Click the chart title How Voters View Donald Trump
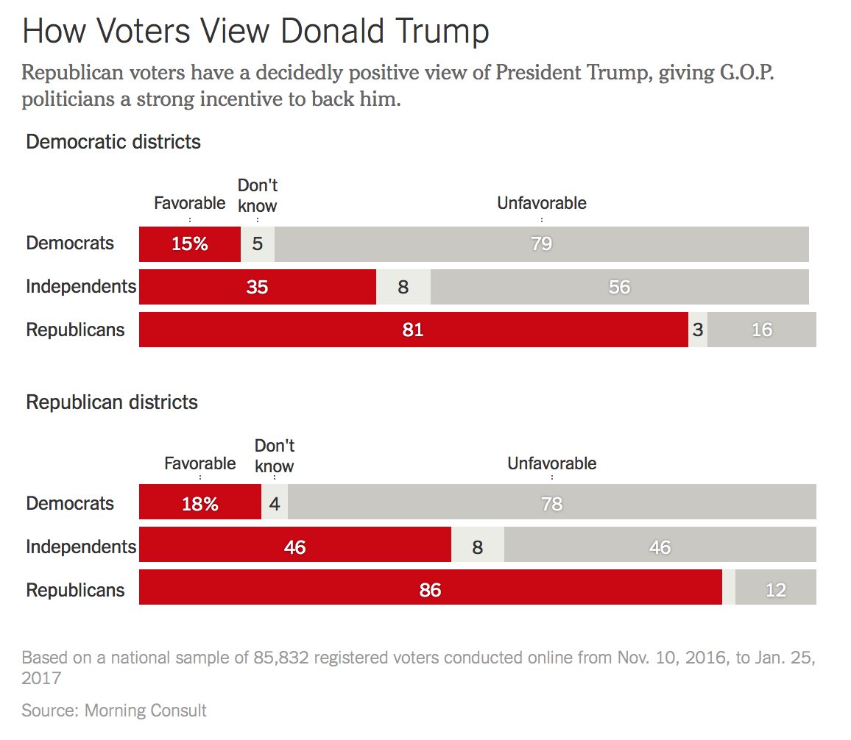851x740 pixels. tap(255, 32)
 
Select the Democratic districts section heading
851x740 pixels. tap(113, 141)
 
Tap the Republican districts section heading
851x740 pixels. tap(112, 402)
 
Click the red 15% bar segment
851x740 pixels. tap(190, 243)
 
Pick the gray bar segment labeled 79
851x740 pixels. tap(541, 243)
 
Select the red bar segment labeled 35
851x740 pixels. tap(257, 287)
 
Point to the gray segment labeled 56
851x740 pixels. tap(619, 287)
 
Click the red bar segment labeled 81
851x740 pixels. tap(413, 330)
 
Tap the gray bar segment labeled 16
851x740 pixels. tap(762, 330)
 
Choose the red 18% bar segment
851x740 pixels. tap(200, 504)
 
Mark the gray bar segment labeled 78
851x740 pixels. tap(551, 504)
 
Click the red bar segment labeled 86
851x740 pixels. tap(430, 590)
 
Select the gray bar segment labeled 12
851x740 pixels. tap(776, 590)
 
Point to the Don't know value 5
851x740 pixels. tap(257, 243)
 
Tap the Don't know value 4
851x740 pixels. tap(275, 504)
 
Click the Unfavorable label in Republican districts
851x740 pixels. tap(551, 463)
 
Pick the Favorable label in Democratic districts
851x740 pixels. tap(189, 203)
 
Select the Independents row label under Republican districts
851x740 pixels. tap(81, 547)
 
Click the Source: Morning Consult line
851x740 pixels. tap(114, 711)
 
